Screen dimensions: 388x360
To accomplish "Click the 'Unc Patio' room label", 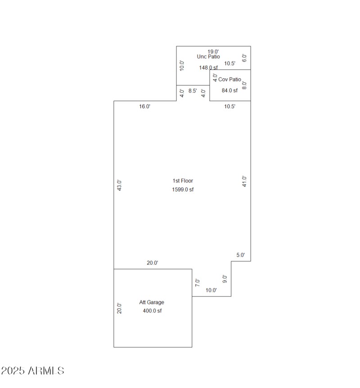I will pos(208,57).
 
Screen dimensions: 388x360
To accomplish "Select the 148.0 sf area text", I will pos(208,68).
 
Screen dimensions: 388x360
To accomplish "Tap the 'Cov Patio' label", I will pos(230,80).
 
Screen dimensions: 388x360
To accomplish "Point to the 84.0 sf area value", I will pos(229,90).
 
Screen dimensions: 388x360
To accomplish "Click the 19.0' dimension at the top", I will pos(213,51).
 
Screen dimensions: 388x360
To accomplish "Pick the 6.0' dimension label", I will pos(244,58).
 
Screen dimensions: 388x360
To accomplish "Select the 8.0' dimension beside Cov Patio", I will pos(244,85).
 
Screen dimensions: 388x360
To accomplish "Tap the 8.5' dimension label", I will pos(193,91).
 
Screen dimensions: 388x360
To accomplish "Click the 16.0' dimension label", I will pos(144,107).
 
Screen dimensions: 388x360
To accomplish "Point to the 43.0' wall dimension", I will pos(119,185).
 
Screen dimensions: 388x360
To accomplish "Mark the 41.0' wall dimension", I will pos(244,181).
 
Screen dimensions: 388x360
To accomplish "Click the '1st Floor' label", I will pos(183,181).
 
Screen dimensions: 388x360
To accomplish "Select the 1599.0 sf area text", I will pos(183,190).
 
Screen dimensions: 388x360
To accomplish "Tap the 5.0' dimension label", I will pos(241,255).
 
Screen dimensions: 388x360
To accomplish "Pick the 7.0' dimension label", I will pos(197,283).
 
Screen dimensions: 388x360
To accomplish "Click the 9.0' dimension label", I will pos(225,279).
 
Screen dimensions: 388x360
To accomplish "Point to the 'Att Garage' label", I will pos(152,303).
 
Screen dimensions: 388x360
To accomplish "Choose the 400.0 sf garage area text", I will pos(152,311).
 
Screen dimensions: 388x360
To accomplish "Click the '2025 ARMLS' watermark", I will pos(32,371).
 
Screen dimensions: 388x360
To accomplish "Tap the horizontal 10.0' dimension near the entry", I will pos(211,290).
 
